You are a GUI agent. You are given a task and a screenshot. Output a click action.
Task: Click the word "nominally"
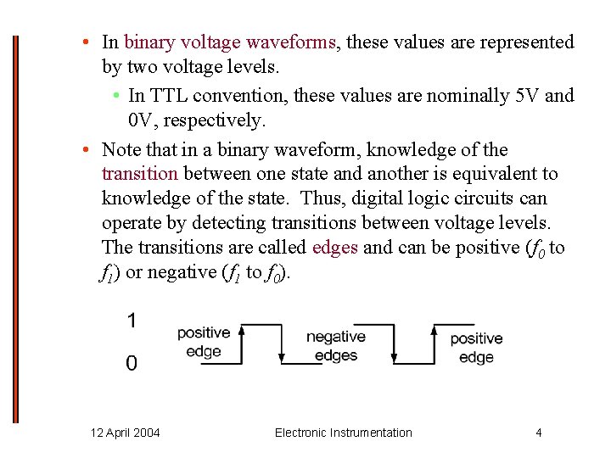pyautogui.click(x=468, y=95)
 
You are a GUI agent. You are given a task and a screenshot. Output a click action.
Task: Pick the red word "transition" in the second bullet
pyautogui.click(x=139, y=174)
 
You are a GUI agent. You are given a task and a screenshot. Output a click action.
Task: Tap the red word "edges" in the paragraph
pyautogui.click(x=335, y=248)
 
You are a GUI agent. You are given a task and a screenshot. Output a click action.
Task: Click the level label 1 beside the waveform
pyautogui.click(x=132, y=321)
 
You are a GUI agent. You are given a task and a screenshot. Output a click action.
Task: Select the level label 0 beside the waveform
pyautogui.click(x=132, y=363)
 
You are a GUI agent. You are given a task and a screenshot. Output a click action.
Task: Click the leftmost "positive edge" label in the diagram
pyautogui.click(x=203, y=342)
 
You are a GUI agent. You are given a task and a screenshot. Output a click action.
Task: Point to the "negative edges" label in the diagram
pyautogui.click(x=336, y=346)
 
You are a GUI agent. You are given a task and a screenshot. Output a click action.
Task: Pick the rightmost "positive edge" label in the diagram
pyautogui.click(x=476, y=348)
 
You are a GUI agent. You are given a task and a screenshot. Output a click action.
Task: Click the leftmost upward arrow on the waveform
pyautogui.click(x=242, y=343)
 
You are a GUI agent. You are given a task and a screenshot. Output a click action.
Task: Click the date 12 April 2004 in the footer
pyautogui.click(x=125, y=433)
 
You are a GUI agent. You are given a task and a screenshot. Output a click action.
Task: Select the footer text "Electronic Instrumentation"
pyautogui.click(x=344, y=433)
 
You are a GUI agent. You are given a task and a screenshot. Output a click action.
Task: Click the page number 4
pyautogui.click(x=538, y=433)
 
